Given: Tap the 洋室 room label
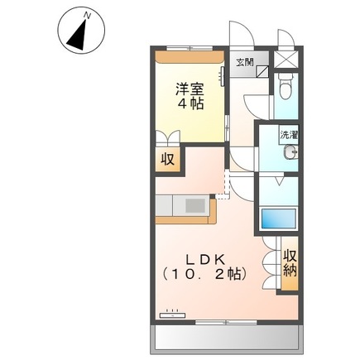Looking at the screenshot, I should click(x=189, y=87).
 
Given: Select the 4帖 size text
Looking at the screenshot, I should click(x=189, y=105).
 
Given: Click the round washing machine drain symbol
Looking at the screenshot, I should click(x=290, y=151).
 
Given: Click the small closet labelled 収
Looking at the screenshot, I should click(x=168, y=159).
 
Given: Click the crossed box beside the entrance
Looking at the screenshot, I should click(x=286, y=60).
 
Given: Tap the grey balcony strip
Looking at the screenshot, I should click(x=225, y=335).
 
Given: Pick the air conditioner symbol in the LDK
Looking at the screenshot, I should click(x=173, y=314).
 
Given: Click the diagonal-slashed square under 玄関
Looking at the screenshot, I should click(x=262, y=73).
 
